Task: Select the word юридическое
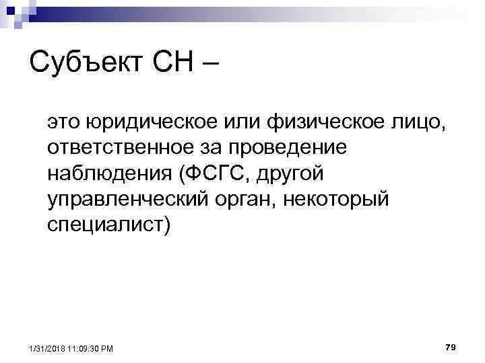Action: click(150, 123)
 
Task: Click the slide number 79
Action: click(451, 346)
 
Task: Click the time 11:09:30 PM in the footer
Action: click(92, 348)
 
